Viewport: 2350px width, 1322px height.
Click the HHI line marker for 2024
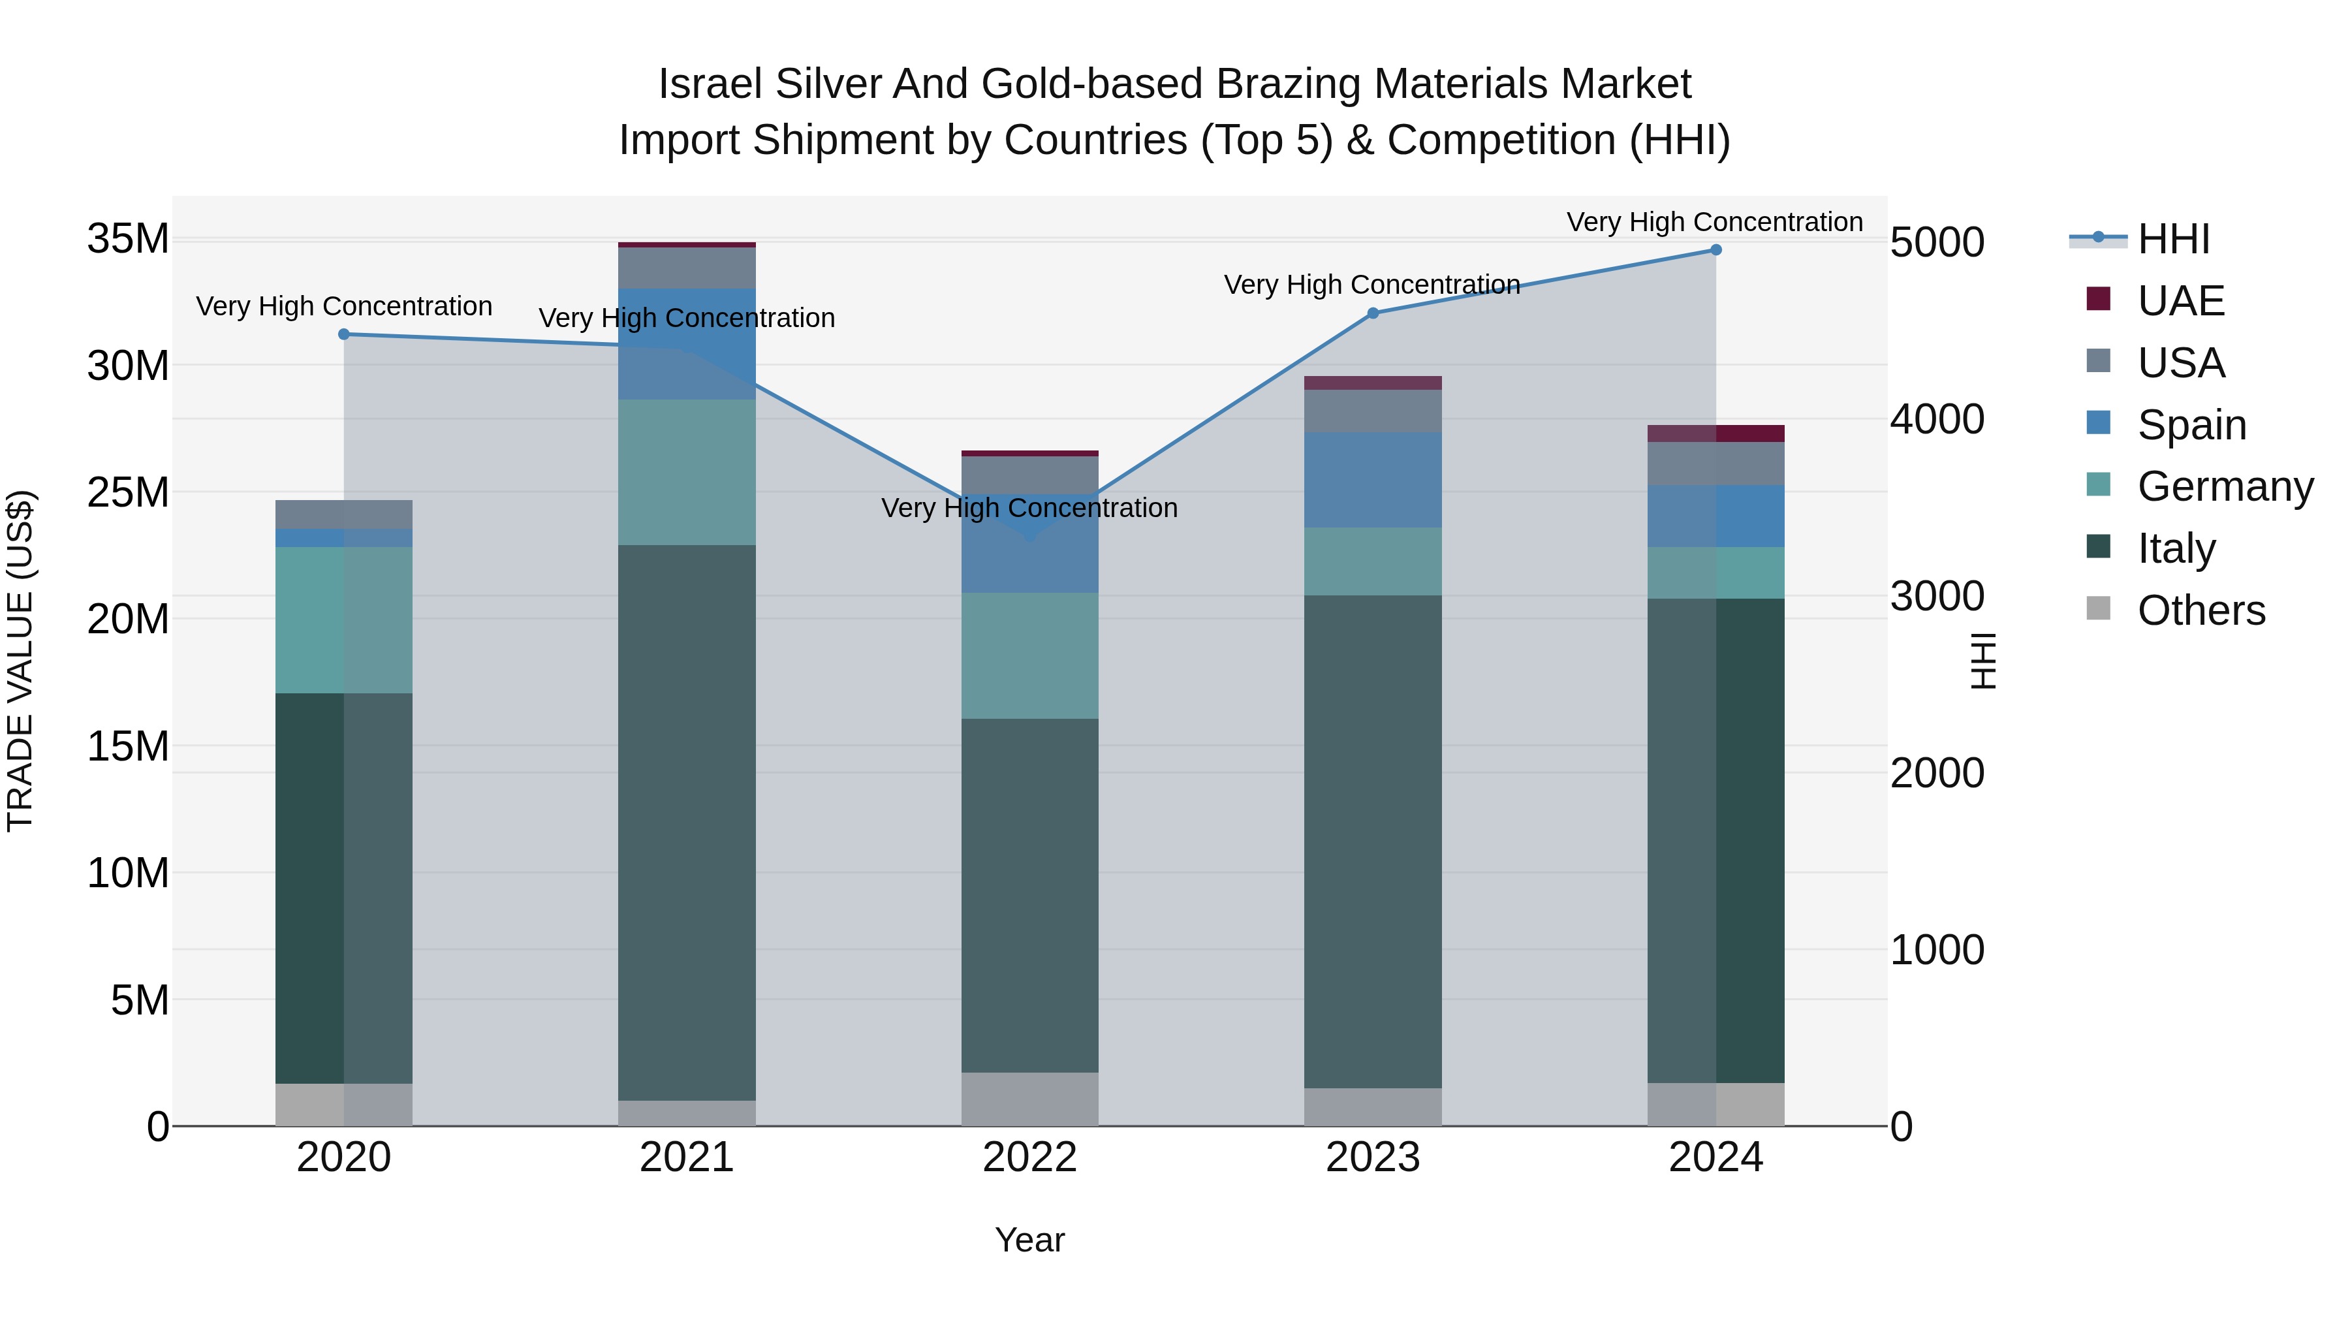coord(1715,250)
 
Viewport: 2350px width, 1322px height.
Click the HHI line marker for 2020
coord(344,334)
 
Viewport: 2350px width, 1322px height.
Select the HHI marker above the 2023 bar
coord(1373,313)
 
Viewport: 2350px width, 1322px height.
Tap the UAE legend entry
coord(2180,300)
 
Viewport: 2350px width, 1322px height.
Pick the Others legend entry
coord(2201,610)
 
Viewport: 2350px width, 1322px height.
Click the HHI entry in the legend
coord(2173,239)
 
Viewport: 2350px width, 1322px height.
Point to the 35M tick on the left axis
coord(128,239)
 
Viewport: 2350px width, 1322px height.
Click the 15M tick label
coord(128,746)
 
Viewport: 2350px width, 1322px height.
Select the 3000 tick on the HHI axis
coord(1937,596)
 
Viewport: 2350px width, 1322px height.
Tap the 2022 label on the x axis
coord(1030,1157)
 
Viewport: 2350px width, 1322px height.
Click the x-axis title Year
coord(1030,1240)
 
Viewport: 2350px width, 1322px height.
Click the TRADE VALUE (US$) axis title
coord(20,661)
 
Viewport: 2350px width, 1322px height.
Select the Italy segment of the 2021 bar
coord(687,821)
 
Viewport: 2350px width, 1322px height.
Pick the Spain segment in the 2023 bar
coord(1373,480)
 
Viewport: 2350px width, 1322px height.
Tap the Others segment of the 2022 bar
coord(1030,1099)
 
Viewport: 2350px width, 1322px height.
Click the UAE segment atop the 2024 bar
coord(1715,433)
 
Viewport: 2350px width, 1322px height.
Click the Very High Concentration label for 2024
coord(1714,222)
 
